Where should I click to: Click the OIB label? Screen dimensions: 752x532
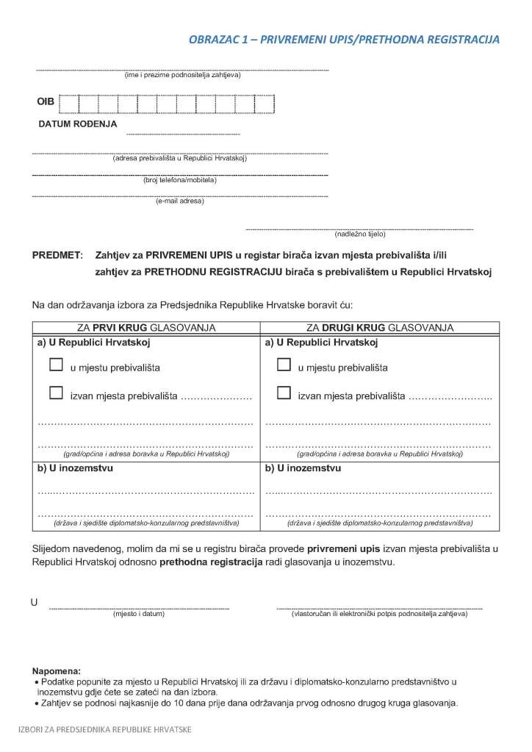point(46,102)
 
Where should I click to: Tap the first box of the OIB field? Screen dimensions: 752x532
point(68,103)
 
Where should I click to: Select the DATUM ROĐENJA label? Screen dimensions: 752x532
point(78,124)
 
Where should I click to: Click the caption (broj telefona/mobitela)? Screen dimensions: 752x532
point(180,179)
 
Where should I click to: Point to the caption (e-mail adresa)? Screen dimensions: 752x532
point(180,201)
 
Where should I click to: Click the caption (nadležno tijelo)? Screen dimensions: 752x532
point(359,234)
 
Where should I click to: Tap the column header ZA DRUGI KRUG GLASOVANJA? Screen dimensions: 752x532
point(380,327)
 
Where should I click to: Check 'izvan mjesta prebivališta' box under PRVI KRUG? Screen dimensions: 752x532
point(56,393)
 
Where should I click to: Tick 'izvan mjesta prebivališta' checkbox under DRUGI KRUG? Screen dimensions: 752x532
point(284,393)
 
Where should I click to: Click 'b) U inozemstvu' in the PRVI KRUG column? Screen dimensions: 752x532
point(75,467)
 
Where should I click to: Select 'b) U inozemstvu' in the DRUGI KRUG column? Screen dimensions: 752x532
point(303,467)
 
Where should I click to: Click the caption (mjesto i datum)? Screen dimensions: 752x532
point(138,614)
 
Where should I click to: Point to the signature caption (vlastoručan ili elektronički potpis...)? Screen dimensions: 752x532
point(379,614)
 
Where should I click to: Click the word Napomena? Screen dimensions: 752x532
point(57,671)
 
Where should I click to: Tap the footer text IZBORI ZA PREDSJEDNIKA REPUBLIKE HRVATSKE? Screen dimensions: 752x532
point(105,729)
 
